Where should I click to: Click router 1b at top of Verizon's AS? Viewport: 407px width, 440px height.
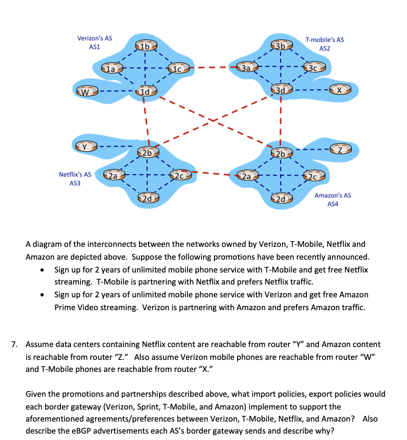pyautogui.click(x=145, y=46)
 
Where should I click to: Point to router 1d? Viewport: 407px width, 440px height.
pyautogui.click(x=145, y=91)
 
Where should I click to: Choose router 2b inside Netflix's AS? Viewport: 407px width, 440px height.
pyautogui.click(x=147, y=152)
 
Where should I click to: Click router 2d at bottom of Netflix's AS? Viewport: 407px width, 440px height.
pyautogui.click(x=147, y=198)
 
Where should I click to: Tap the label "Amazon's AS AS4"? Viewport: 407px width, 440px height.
pyautogui.click(x=332, y=199)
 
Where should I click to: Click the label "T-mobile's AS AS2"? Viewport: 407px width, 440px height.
pyautogui.click(x=324, y=44)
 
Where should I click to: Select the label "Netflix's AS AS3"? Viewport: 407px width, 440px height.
pyautogui.click(x=75, y=179)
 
